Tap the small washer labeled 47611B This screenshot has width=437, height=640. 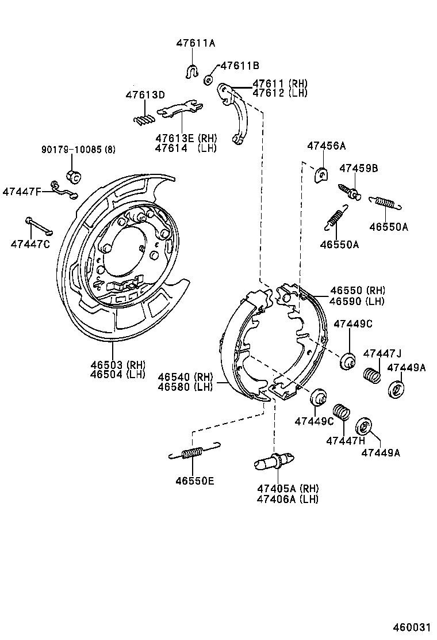coord(209,79)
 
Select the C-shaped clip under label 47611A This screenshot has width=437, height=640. coord(192,72)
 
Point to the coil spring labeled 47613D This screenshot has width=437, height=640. coord(144,119)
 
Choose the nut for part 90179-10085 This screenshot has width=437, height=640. coord(74,174)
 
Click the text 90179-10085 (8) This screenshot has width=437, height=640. coord(78,150)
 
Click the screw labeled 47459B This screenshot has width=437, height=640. coord(350,191)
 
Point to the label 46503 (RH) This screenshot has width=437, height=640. coord(117,364)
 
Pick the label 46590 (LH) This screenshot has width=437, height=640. coord(357,301)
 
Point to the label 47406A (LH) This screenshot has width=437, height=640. coord(287,499)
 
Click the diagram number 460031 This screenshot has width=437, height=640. coord(412,627)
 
